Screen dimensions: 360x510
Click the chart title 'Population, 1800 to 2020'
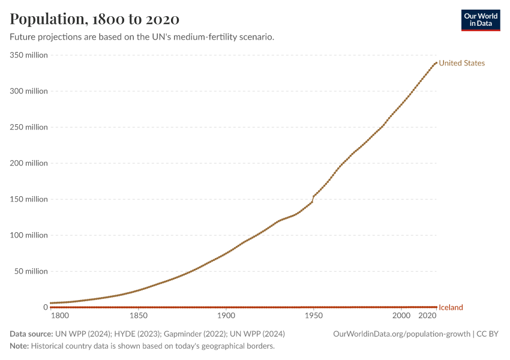(x=94, y=19)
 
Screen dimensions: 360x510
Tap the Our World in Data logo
(x=480, y=20)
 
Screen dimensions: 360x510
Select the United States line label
(x=461, y=63)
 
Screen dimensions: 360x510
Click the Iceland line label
(x=451, y=308)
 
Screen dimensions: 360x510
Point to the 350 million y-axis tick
(x=28, y=55)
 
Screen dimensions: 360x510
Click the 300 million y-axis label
(x=28, y=91)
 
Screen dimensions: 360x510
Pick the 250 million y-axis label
(x=28, y=127)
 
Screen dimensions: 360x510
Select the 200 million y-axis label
(x=28, y=163)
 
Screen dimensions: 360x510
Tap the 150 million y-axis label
(x=28, y=199)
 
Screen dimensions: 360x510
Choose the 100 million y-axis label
(x=28, y=235)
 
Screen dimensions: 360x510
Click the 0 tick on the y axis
(x=45, y=307)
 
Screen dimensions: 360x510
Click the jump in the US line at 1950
(x=313, y=199)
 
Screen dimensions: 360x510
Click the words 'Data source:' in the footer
(x=31, y=334)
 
